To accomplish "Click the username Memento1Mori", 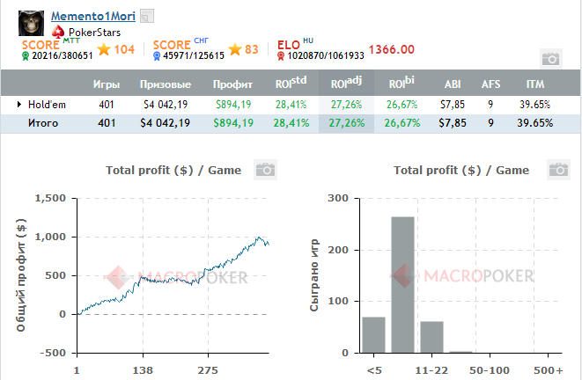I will coord(92,17).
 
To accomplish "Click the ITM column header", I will coord(534,84).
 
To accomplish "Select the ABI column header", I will coord(453,84).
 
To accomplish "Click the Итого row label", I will coord(43,123).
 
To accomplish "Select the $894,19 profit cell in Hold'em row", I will coord(233,104).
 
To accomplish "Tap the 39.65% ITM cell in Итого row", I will coord(534,123).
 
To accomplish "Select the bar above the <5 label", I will coord(373,334).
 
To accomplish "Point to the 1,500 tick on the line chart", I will coord(50,199).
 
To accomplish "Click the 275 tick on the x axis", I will coord(208,371).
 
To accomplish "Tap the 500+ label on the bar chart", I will coord(547,371).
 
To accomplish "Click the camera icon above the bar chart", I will coord(557,169).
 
